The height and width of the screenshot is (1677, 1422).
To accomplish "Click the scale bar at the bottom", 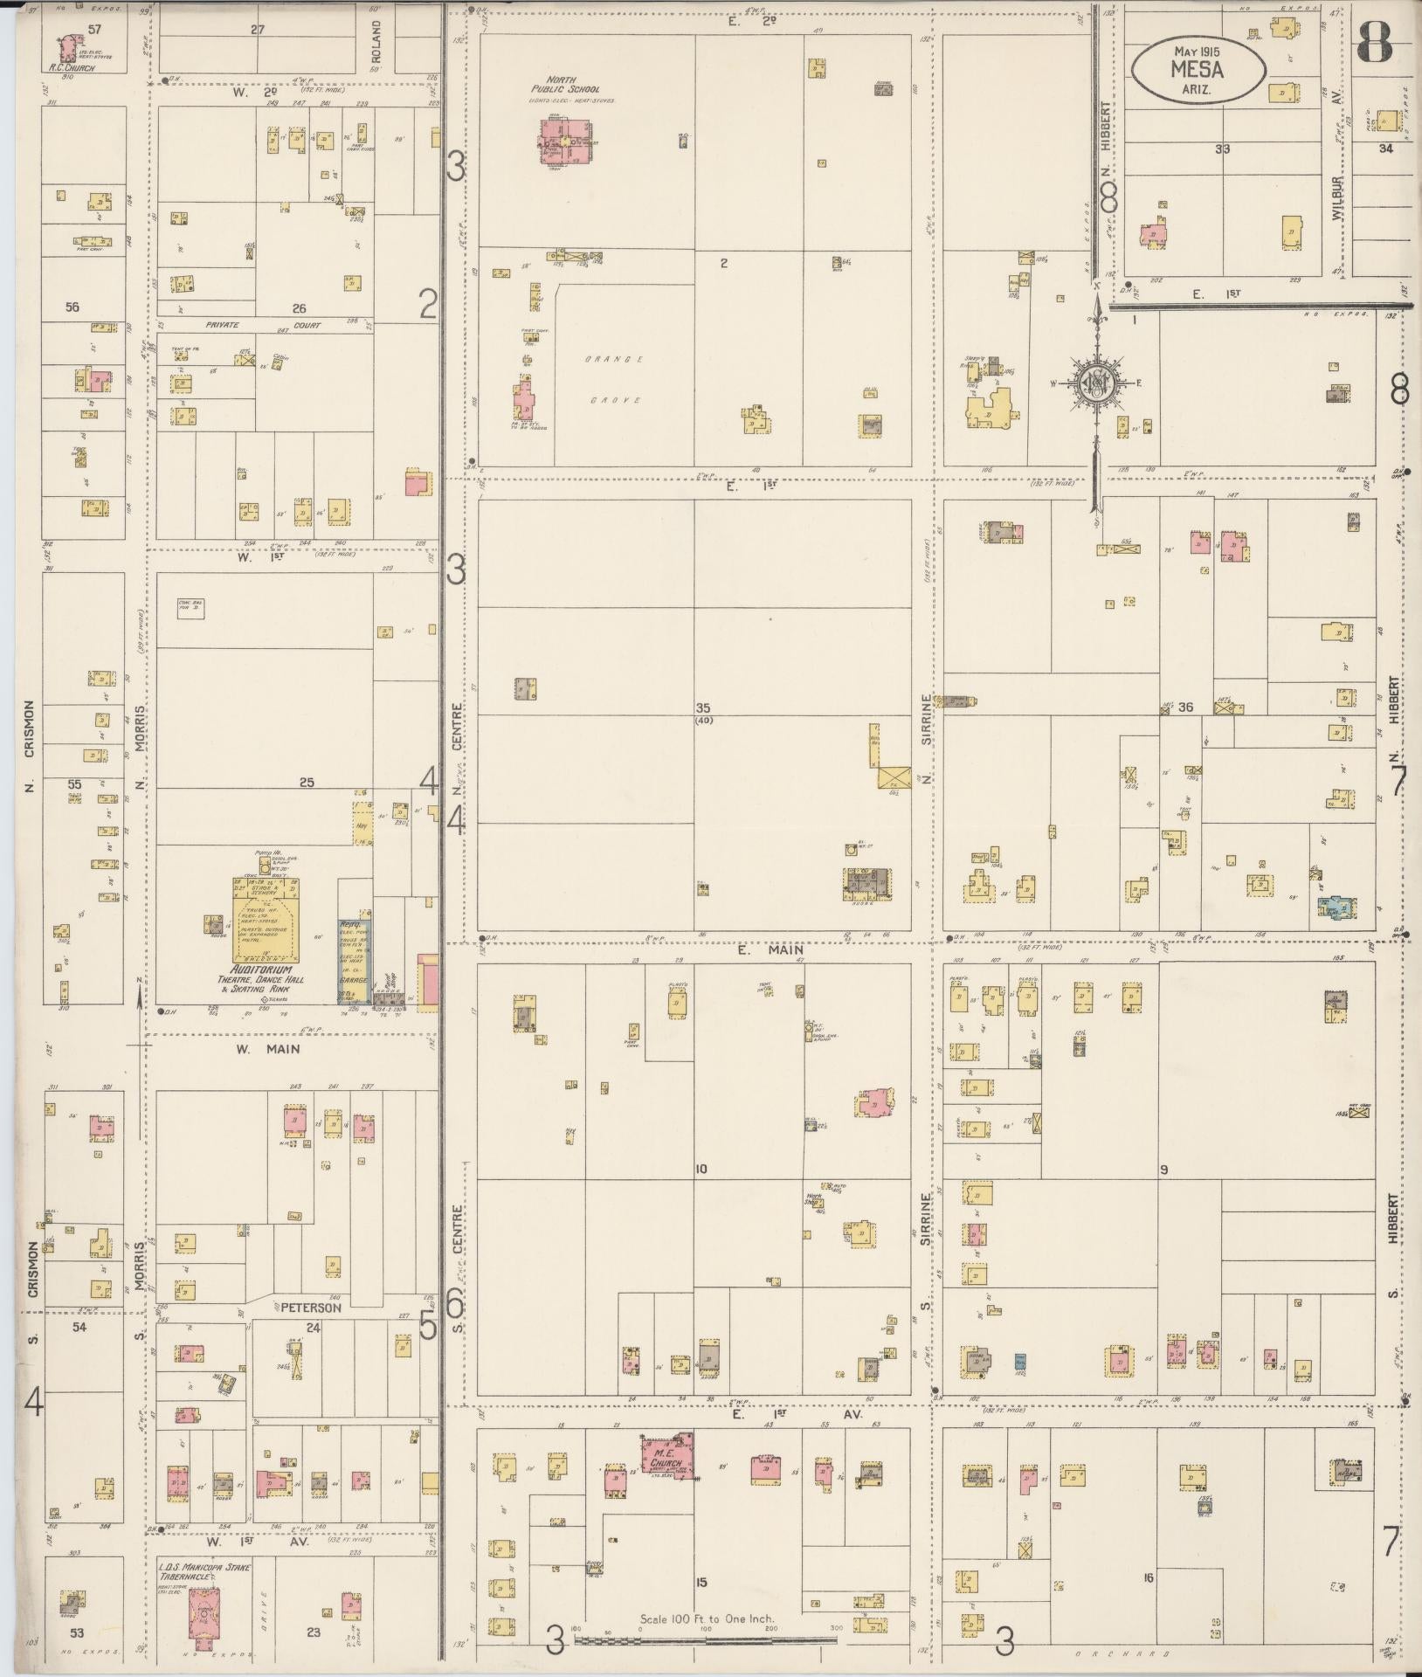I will coord(706,1639).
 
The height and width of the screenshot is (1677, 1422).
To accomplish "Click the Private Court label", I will coord(262,325).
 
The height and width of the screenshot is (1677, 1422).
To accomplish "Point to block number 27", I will coord(257,29).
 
